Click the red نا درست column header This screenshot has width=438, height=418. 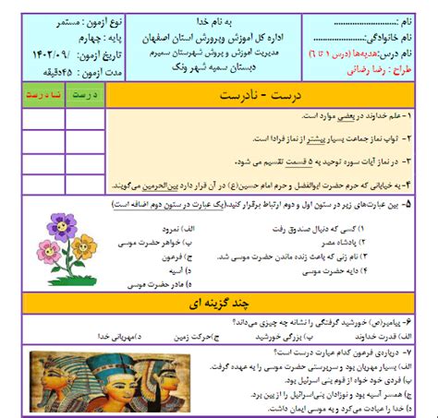[x=43, y=95]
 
